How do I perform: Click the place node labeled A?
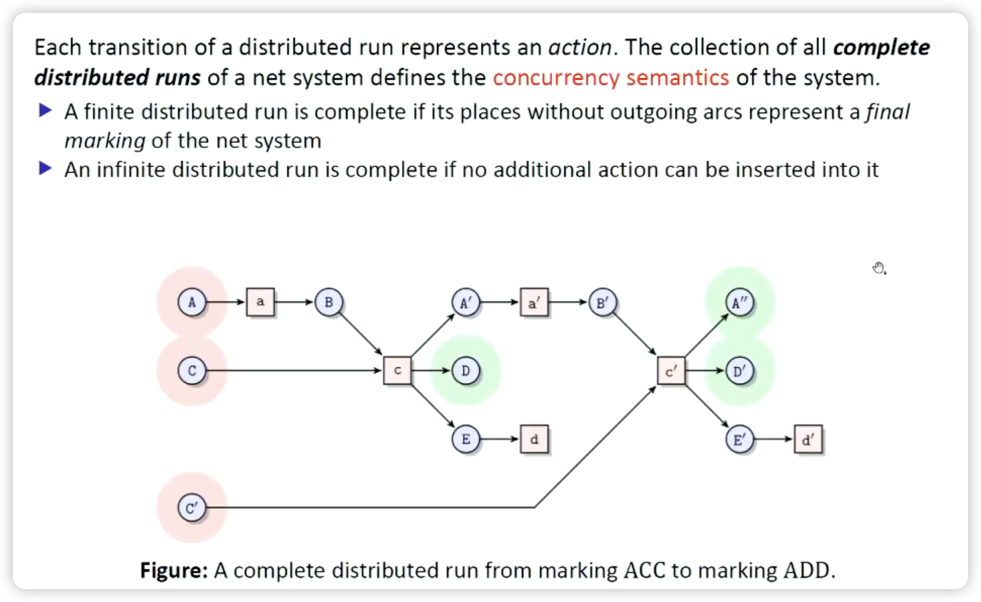192,302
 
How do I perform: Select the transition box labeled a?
260,302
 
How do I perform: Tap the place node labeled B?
329,302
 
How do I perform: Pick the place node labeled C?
192,371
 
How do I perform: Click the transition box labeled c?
397,371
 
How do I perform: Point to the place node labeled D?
466,371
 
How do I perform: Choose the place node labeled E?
466,439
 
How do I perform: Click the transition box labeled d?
534,439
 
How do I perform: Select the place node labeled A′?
466,302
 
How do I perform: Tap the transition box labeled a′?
534,302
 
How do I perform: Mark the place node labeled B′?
603,302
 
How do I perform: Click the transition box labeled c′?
671,371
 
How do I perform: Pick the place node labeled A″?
740,302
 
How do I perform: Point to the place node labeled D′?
740,371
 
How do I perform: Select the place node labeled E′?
740,440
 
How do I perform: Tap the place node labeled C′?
192,507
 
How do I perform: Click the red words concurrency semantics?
611,78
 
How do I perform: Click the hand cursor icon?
879,268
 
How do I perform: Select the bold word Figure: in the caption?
174,570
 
